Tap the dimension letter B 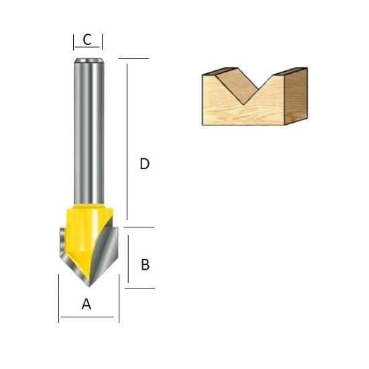coord(145,264)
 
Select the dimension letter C coord(87,40)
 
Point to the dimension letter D coord(144,164)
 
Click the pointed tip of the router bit coord(89,286)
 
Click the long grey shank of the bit coord(89,131)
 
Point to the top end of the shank coord(89,59)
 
